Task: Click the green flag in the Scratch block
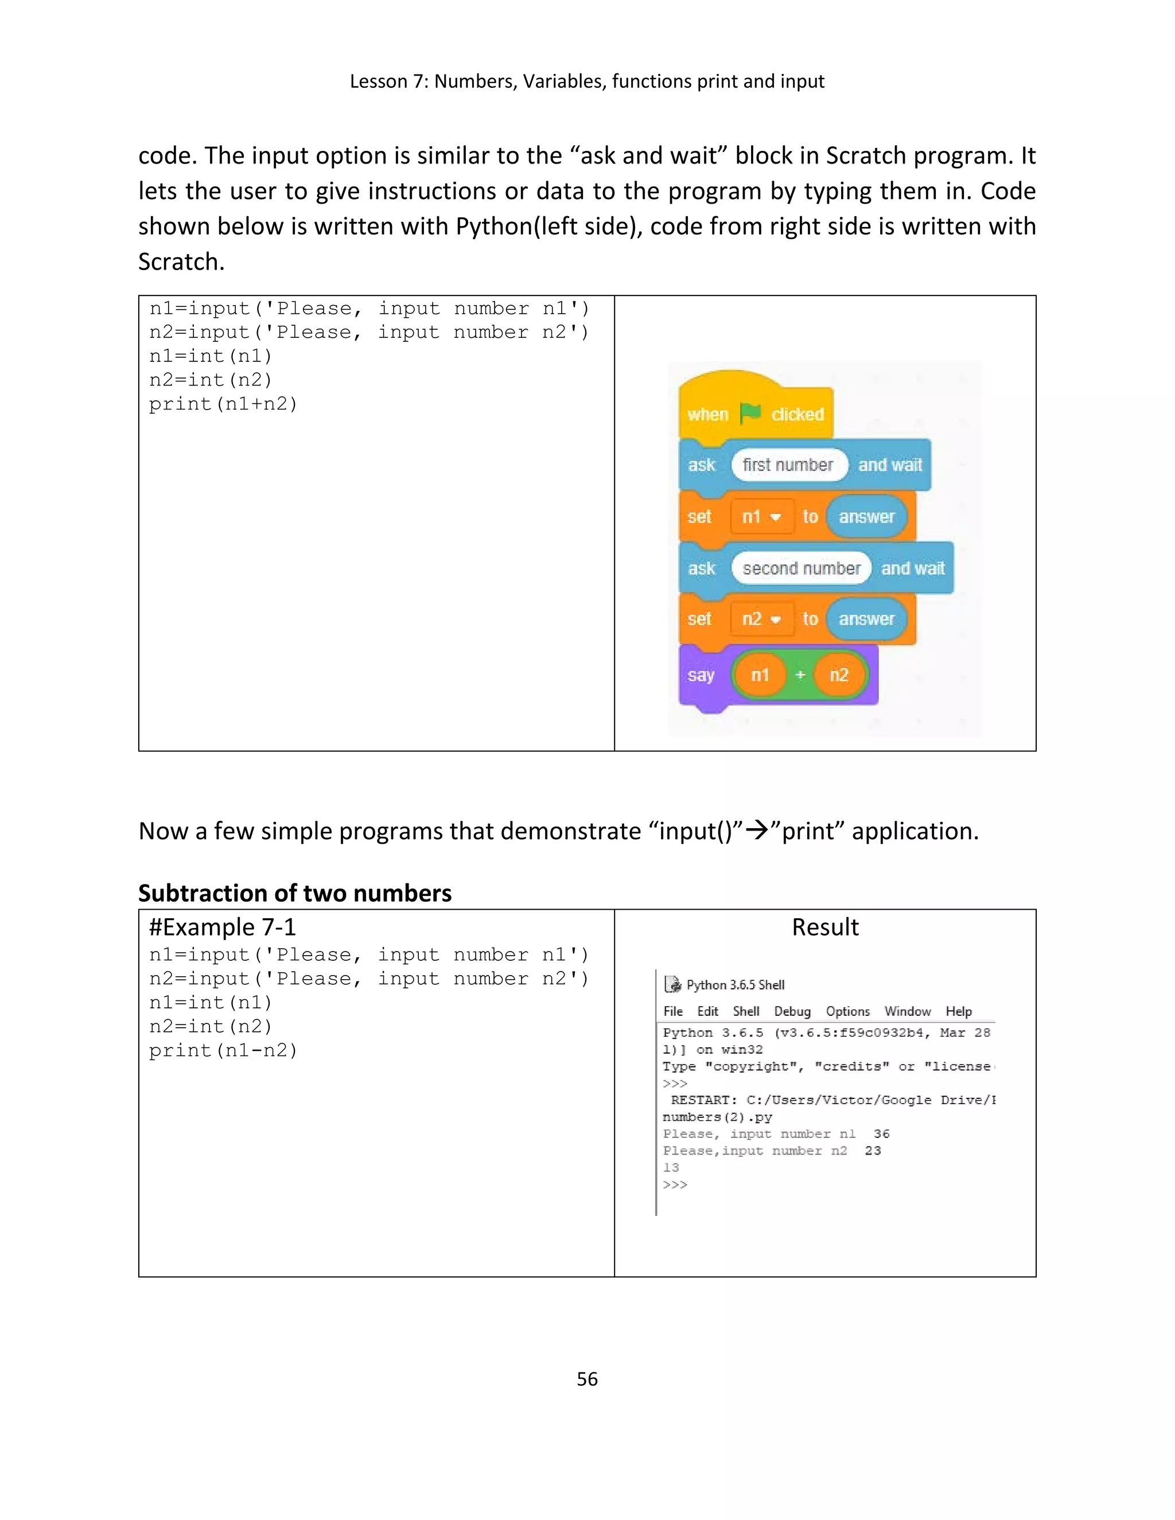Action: (750, 414)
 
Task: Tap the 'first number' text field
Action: (788, 465)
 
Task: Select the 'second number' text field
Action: (800, 568)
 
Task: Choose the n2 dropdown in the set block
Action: (761, 619)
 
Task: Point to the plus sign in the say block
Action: (800, 675)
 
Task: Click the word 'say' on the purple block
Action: (701, 675)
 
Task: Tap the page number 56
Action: (587, 1379)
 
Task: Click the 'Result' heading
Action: (825, 927)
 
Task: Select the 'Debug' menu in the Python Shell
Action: (792, 1011)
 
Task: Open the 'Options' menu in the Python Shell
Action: (847, 1011)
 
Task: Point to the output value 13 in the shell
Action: (670, 1167)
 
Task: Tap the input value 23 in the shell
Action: (873, 1151)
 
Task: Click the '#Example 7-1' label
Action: (222, 927)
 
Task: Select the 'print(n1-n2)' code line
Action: (223, 1050)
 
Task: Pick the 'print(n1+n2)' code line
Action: (223, 404)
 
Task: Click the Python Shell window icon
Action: (672, 984)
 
